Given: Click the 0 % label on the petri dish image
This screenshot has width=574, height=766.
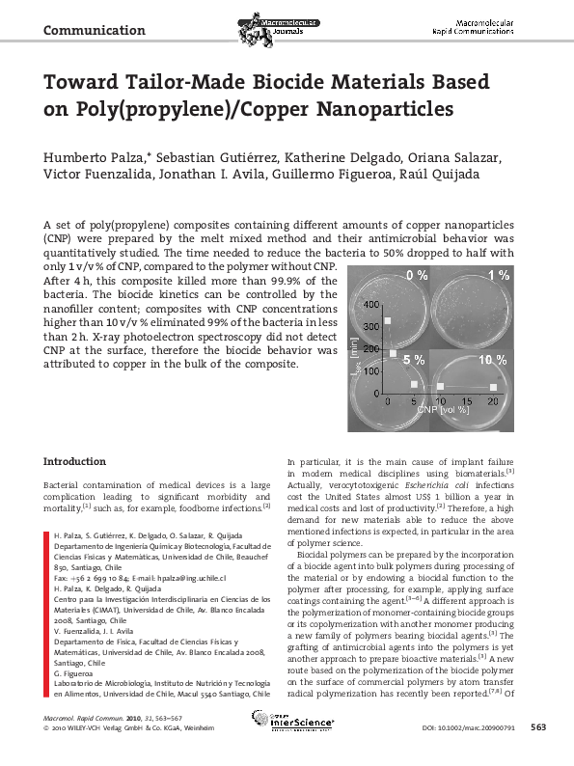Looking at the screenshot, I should click(417, 277).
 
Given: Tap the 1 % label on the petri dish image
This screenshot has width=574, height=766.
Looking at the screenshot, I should click(498, 277).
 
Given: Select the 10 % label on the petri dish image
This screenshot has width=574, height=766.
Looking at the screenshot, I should click(492, 359).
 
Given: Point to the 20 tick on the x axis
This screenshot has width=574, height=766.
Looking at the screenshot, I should click(492, 399).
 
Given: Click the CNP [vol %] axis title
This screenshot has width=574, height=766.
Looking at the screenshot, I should click(448, 411).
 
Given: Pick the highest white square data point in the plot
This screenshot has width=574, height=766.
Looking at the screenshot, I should click(388, 320).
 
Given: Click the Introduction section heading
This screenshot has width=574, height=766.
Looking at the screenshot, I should click(75, 461).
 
